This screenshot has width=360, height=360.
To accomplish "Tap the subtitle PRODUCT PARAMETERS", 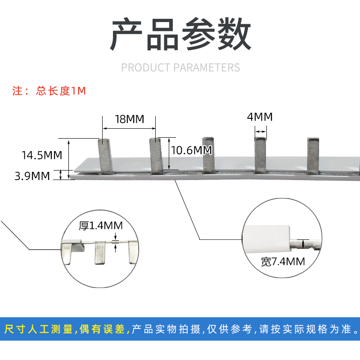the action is [x=180, y=67].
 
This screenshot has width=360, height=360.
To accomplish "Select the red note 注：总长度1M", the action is [x=49, y=91].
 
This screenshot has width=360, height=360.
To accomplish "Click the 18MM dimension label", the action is [x=129, y=119].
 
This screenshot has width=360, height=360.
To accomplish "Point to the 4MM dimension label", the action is [x=260, y=117].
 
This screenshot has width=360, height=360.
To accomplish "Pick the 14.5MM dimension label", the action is [x=41, y=156].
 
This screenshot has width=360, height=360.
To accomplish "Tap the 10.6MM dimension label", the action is [x=191, y=150].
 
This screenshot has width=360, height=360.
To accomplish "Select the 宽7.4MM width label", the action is [x=283, y=261].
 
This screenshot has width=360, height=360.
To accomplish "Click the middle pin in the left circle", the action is [x=99, y=253].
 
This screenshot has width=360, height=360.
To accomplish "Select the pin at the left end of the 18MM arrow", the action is [x=104, y=156].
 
